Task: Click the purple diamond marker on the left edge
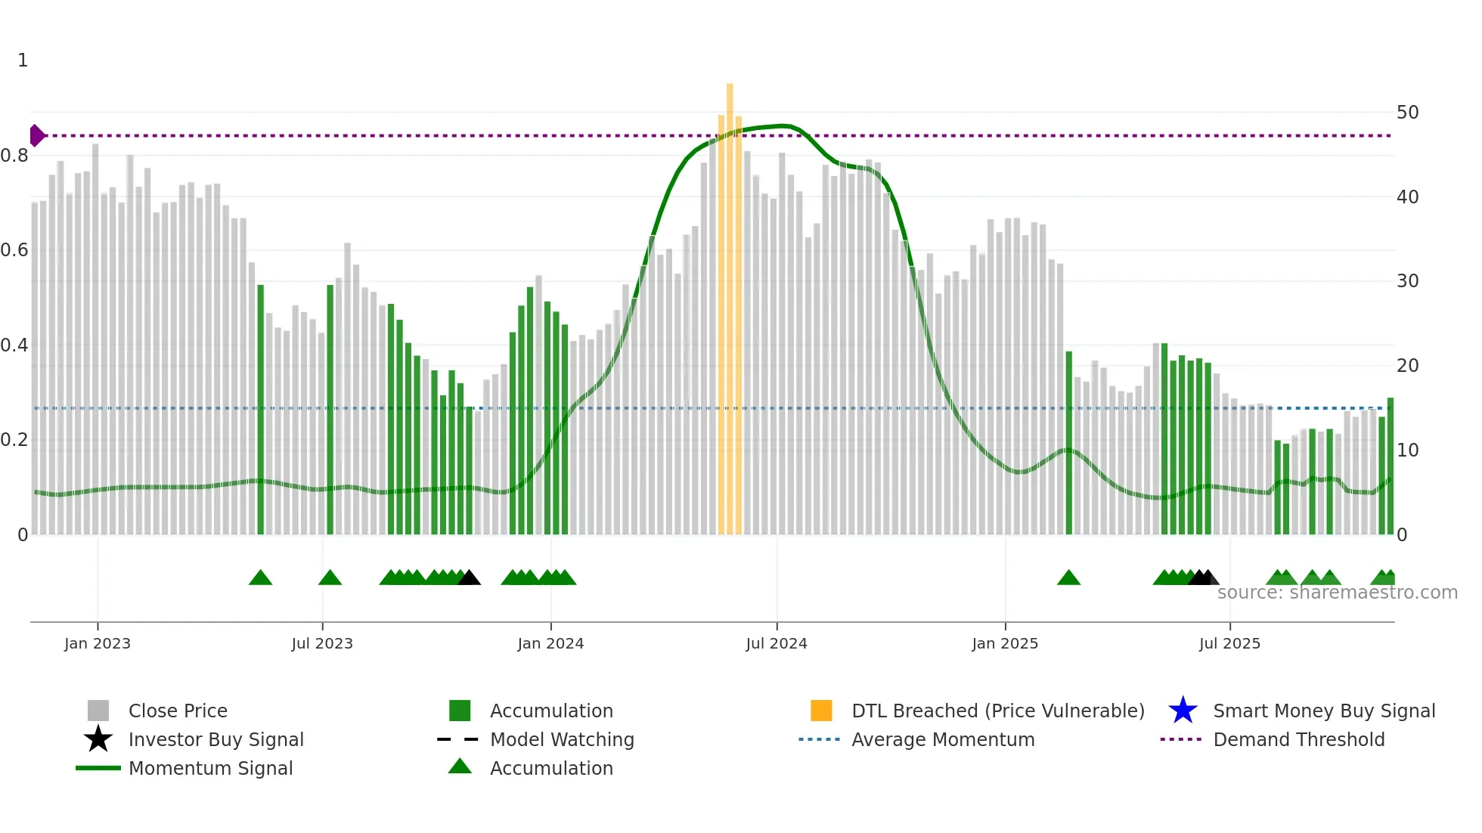click(x=36, y=135)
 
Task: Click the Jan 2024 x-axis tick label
click(x=550, y=643)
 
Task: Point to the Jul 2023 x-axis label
click(x=322, y=643)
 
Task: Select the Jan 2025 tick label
click(x=1005, y=643)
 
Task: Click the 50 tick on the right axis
click(x=1407, y=113)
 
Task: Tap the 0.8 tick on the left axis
click(x=14, y=156)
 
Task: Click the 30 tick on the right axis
click(x=1407, y=281)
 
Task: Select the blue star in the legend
click(x=1183, y=711)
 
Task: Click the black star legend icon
click(x=98, y=739)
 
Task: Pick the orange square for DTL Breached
click(x=821, y=711)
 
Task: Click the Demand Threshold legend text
click(x=1298, y=739)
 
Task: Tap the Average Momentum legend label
click(x=943, y=739)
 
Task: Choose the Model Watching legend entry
click(x=562, y=739)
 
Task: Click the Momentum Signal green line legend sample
click(x=98, y=768)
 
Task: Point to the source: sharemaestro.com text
click(x=1337, y=593)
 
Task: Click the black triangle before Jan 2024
click(x=469, y=578)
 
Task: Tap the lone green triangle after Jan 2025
click(x=1068, y=578)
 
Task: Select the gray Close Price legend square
click(x=98, y=711)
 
